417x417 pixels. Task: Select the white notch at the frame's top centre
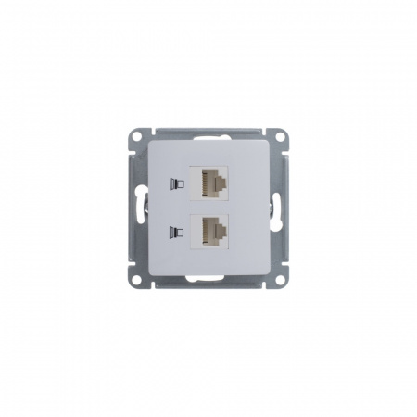click(x=208, y=126)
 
